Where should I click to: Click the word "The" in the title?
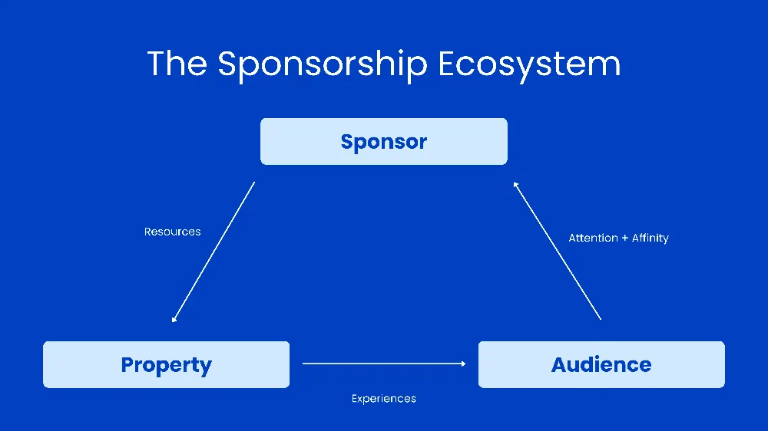(x=176, y=63)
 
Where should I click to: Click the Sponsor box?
(x=383, y=142)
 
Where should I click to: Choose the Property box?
(x=166, y=365)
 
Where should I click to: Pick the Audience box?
(x=601, y=365)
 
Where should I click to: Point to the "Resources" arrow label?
(x=172, y=232)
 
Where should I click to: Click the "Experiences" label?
(x=383, y=399)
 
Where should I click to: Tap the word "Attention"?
(x=593, y=239)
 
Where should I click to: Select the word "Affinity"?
(x=650, y=239)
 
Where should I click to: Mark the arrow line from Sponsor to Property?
(x=214, y=252)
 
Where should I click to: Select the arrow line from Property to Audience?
(x=384, y=364)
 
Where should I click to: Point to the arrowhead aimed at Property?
(x=174, y=318)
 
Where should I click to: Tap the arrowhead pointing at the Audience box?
(x=462, y=364)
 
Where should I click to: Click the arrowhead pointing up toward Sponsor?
(x=516, y=184)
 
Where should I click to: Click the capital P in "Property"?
(x=129, y=365)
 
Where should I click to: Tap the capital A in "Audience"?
(x=560, y=365)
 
